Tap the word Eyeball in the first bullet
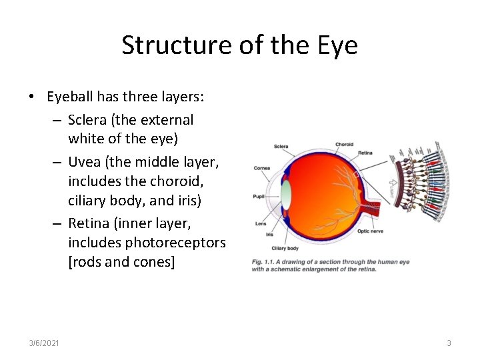(70, 97)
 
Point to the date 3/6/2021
(44, 343)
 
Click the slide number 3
(449, 343)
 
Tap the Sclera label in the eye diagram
(281, 146)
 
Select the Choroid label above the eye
(344, 144)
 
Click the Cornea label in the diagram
(262, 168)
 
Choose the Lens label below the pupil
(260, 224)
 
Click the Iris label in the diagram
(269, 234)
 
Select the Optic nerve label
(371, 231)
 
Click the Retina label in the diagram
(365, 153)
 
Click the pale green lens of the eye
(287, 195)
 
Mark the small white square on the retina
(357, 175)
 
